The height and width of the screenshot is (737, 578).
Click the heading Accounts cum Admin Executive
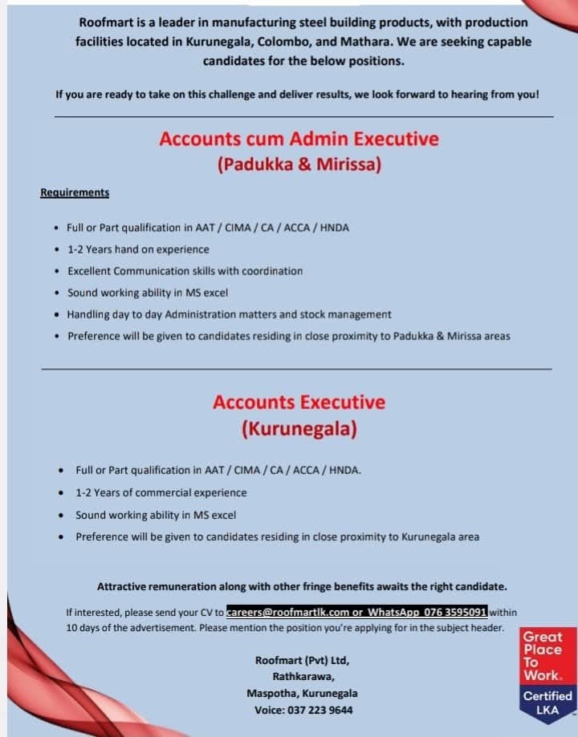(299, 139)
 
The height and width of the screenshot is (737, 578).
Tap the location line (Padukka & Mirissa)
(299, 165)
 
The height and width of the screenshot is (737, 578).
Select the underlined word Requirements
(75, 192)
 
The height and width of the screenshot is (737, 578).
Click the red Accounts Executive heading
(299, 402)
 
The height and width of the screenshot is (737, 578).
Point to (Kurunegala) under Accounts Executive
(299, 429)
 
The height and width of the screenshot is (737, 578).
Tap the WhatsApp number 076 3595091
(456, 612)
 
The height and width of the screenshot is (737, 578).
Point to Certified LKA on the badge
(547, 703)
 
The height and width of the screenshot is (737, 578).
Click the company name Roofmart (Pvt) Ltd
(302, 661)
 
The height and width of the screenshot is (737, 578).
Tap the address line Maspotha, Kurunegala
(302, 693)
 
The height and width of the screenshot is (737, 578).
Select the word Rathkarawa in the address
(302, 677)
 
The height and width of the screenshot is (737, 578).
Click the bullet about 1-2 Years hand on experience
(138, 249)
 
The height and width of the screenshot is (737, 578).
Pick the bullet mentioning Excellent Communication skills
(185, 271)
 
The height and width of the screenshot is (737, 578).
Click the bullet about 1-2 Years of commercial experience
(161, 492)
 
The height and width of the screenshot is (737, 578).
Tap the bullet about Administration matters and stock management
(229, 314)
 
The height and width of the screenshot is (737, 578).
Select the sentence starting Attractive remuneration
(302, 585)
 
